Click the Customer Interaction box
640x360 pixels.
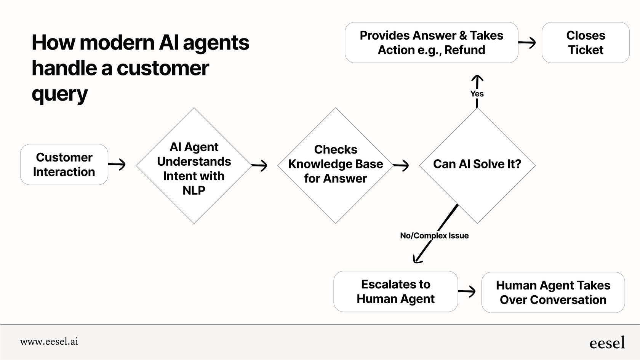[x=64, y=165]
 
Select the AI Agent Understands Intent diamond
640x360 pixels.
[x=194, y=165]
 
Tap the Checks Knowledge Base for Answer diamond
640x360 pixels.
[x=335, y=165]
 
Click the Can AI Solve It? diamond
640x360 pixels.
[x=477, y=165]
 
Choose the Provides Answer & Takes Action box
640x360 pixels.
[x=431, y=43]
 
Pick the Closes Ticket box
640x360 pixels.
[x=586, y=43]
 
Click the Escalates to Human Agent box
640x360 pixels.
[x=395, y=291]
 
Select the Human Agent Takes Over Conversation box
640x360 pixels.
[x=553, y=293]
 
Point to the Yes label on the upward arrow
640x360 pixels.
[x=477, y=94]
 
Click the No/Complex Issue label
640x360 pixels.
[x=434, y=235]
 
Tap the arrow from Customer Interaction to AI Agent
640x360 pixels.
[x=117, y=165]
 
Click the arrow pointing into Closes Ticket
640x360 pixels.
[x=528, y=43]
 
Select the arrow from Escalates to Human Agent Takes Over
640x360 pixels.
[x=467, y=292]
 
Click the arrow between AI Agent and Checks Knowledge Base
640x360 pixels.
[x=259, y=165]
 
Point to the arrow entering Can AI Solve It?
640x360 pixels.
[x=401, y=165]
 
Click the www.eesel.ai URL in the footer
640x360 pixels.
[x=49, y=342]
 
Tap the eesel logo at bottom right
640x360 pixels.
[x=607, y=342]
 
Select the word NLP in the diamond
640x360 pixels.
[x=194, y=190]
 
